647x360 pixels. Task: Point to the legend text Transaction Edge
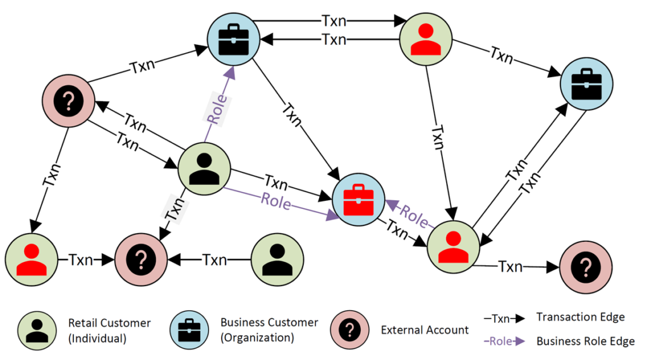click(580, 317)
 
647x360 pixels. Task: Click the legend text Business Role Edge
click(586, 341)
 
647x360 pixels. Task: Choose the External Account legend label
click(425, 330)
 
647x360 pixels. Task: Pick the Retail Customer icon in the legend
click(37, 329)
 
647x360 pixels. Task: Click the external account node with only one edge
click(585, 267)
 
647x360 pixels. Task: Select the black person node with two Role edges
click(204, 169)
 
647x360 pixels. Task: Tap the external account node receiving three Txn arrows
click(141, 259)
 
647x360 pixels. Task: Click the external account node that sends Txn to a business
click(68, 100)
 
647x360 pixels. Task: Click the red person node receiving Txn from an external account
click(30, 259)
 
